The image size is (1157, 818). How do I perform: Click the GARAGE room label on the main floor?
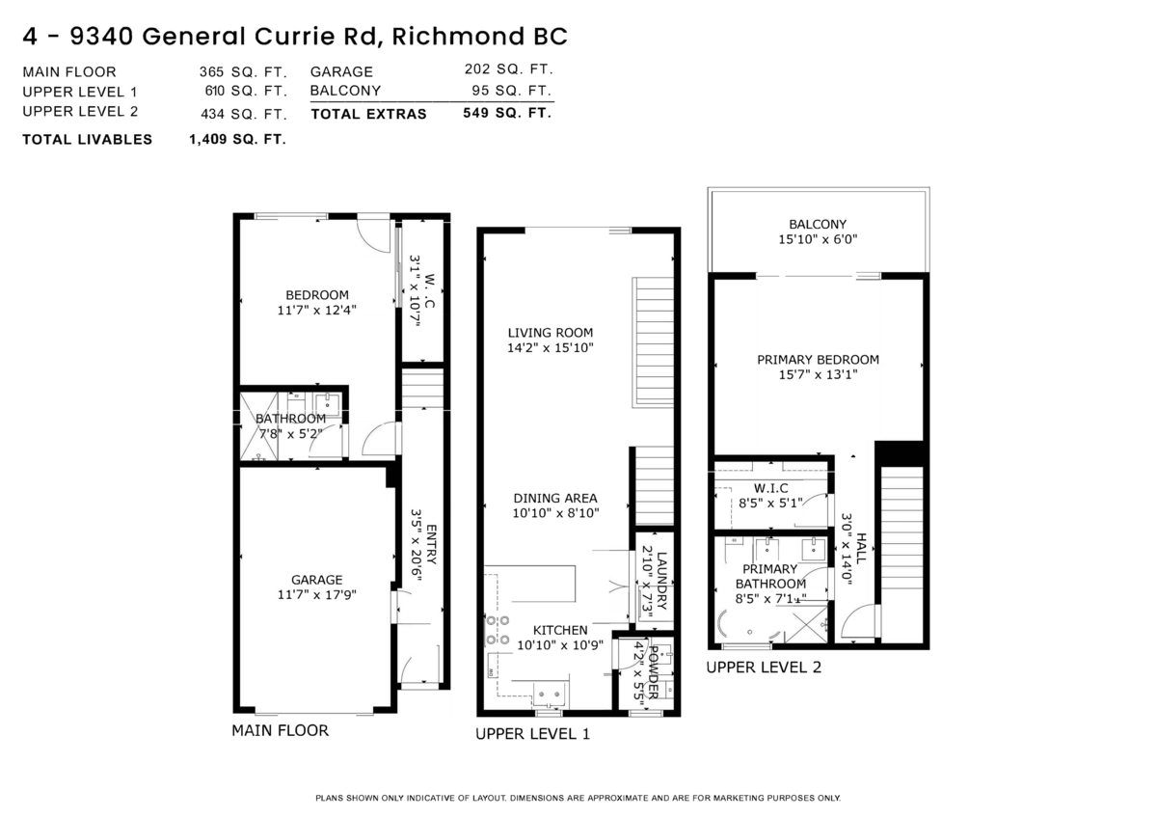(317, 580)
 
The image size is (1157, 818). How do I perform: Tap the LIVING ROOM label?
(551, 333)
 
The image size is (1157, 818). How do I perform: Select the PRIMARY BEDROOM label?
(818, 360)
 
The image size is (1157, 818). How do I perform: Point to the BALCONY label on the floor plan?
(818, 224)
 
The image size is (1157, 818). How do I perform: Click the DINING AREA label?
(555, 498)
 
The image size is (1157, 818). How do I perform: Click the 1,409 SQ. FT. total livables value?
(237, 139)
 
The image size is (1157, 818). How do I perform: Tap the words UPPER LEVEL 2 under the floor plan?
(764, 667)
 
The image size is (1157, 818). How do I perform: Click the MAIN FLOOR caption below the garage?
(280, 730)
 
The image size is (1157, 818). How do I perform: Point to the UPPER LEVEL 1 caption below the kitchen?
(532, 734)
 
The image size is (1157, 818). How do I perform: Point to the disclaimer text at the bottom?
(578, 798)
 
